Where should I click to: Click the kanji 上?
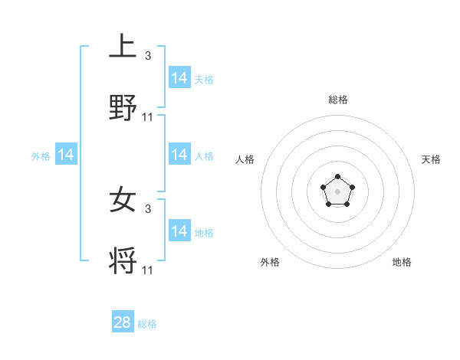pyautogui.click(x=123, y=47)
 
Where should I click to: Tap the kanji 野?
pyautogui.click(x=123, y=108)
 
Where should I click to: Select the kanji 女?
pyautogui.click(x=123, y=201)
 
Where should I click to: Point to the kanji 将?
pyautogui.click(x=123, y=261)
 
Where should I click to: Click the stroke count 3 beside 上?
pyautogui.click(x=148, y=56)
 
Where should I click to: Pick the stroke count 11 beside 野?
pyautogui.click(x=148, y=117)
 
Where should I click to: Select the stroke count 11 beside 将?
pyautogui.click(x=148, y=270)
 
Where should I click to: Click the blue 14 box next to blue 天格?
pyautogui.click(x=179, y=78)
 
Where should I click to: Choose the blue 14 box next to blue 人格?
pyautogui.click(x=179, y=155)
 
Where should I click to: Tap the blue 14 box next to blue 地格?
pyautogui.click(x=179, y=231)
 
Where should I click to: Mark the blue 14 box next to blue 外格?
pyautogui.click(x=66, y=155)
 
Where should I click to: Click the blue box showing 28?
pyautogui.click(x=123, y=322)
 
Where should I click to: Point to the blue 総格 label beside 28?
pyautogui.click(x=147, y=324)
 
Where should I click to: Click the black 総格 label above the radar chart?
pyautogui.click(x=337, y=100)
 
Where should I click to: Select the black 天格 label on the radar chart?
pyautogui.click(x=432, y=159)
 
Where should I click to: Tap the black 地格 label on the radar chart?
pyautogui.click(x=402, y=262)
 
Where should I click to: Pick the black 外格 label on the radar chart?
pyautogui.click(x=270, y=262)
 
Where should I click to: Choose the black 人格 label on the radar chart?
pyautogui.click(x=245, y=159)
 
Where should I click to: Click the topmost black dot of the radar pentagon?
pyautogui.click(x=337, y=177)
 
